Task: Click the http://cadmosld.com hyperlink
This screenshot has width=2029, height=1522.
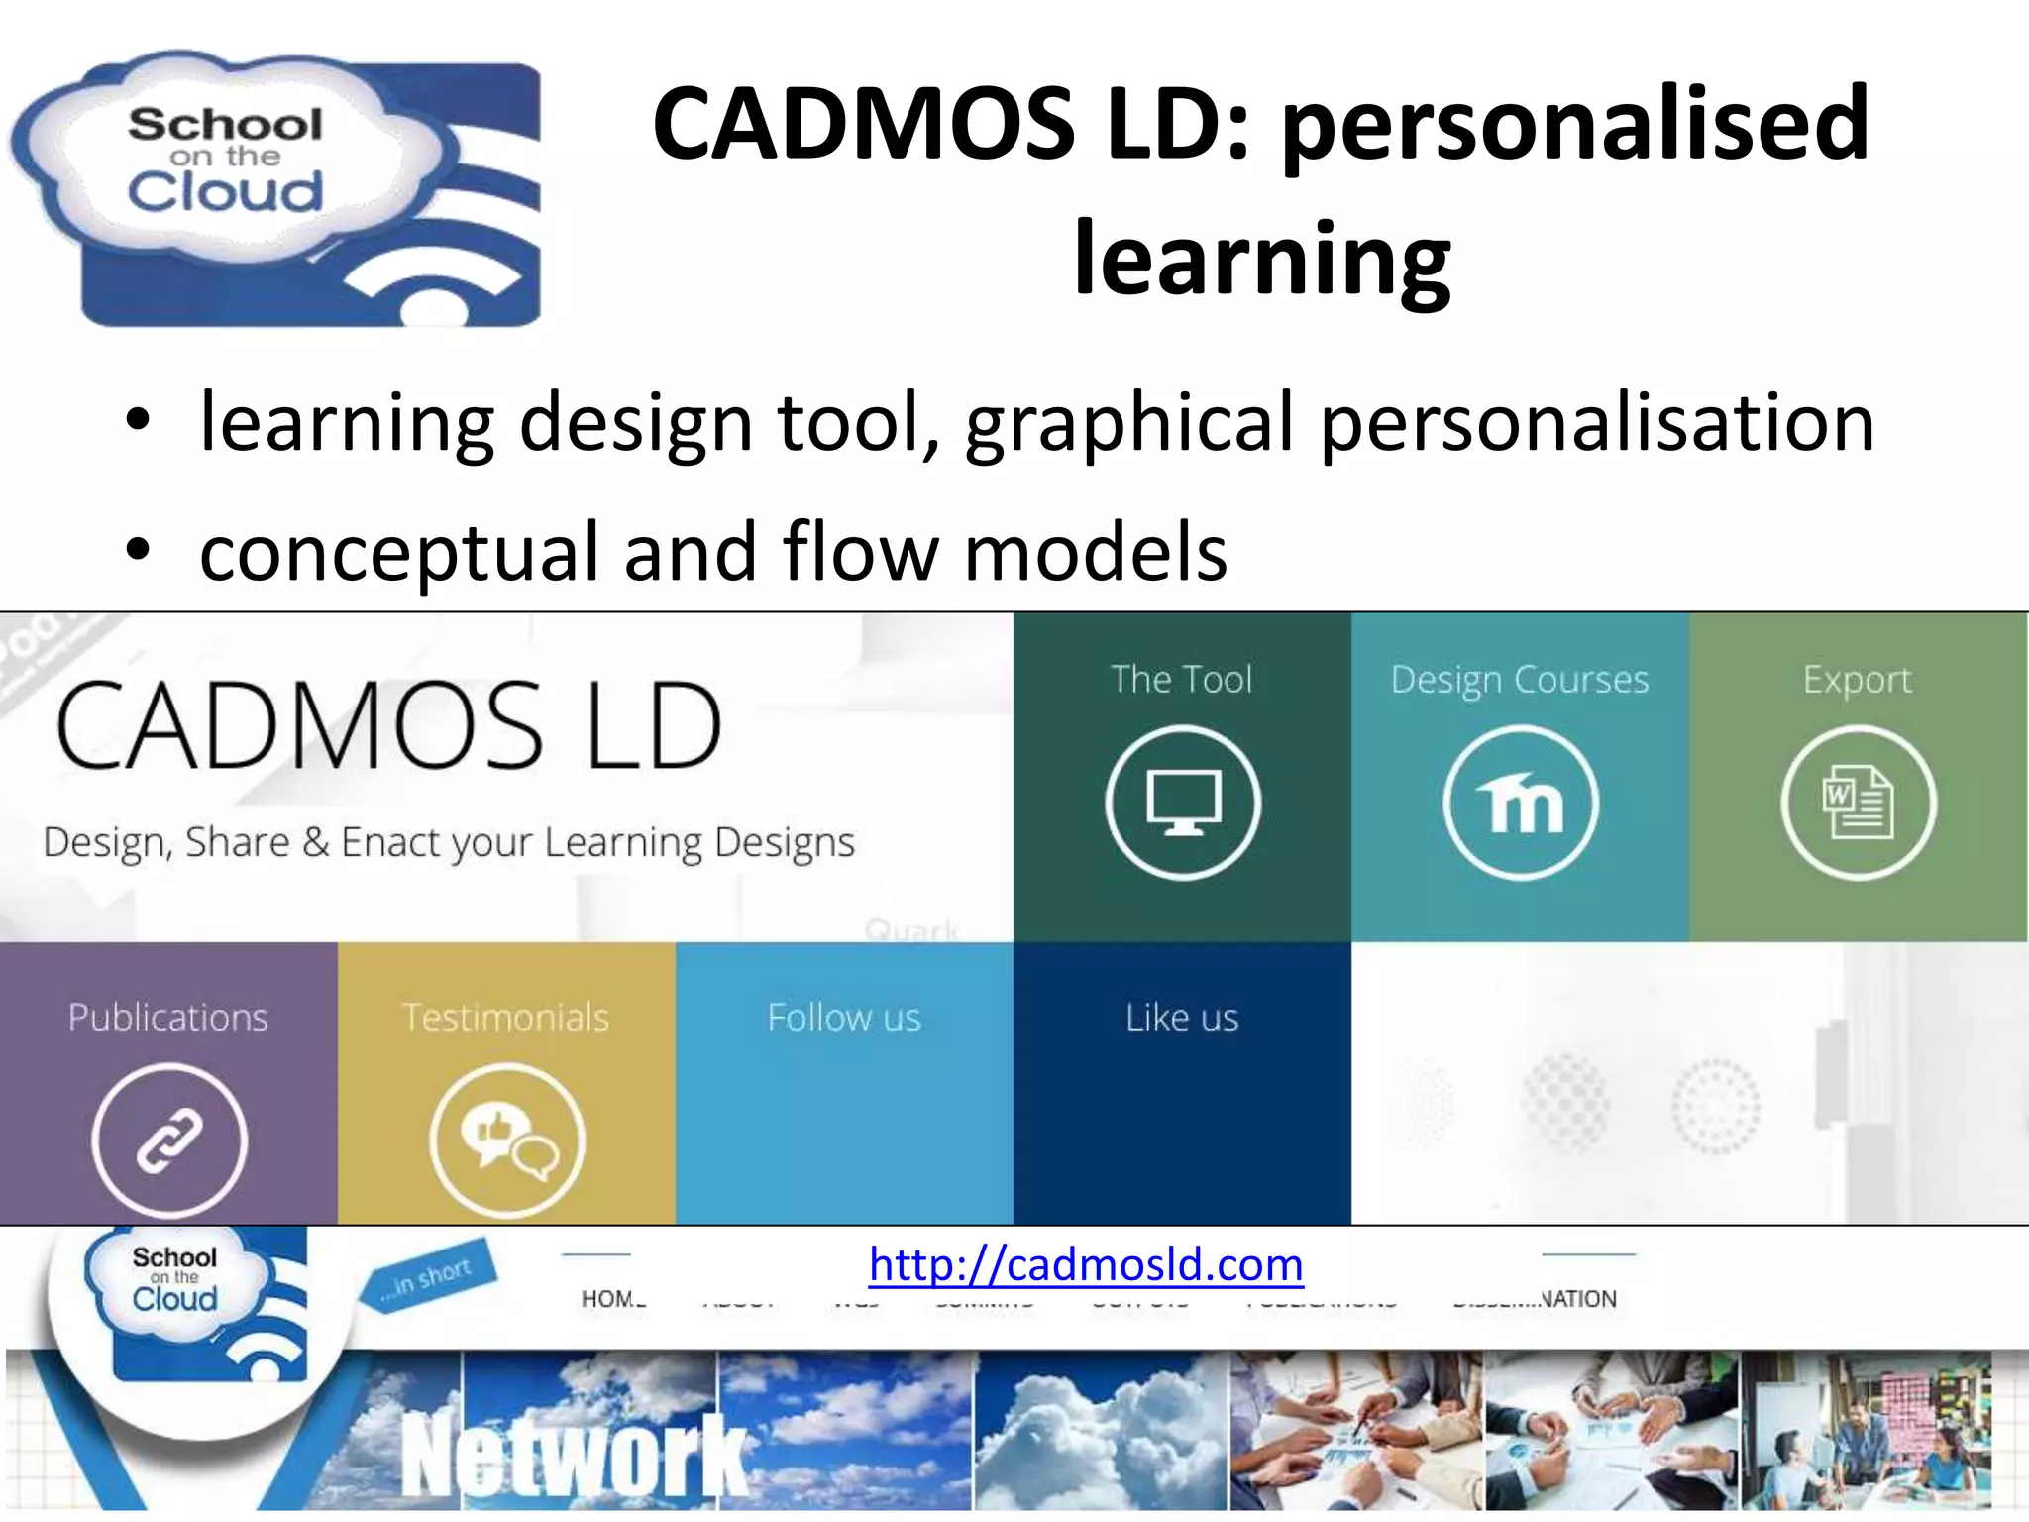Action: coord(1086,1265)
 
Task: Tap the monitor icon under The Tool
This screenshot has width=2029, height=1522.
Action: coord(1183,803)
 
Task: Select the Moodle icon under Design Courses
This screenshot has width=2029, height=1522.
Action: coord(1521,803)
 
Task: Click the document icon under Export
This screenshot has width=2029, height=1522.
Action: coord(1859,803)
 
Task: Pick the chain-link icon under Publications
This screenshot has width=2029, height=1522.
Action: coord(169,1141)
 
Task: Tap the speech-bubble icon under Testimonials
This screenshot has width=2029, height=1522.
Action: coord(507,1141)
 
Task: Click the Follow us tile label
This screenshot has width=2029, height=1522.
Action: coord(844,1018)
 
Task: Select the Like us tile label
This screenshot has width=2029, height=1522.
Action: coord(1182,1018)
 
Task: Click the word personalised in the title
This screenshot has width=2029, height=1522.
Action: coord(1575,124)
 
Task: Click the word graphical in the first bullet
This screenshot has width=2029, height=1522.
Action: coord(1129,423)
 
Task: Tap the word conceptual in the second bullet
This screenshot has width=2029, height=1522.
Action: coord(399,552)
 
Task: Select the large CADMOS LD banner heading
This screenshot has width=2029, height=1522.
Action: coord(388,726)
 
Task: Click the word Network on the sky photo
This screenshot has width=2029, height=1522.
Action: coord(575,1455)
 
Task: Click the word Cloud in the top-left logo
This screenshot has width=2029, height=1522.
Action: coord(226,191)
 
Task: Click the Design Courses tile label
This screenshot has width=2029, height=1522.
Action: coord(1520,680)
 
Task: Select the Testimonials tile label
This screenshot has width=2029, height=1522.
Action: coord(506,1018)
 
